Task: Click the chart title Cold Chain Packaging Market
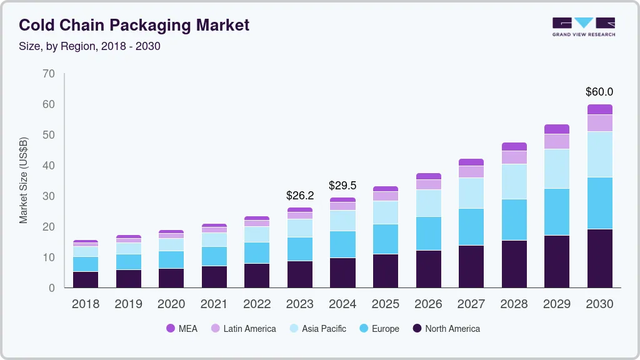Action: [x=134, y=25]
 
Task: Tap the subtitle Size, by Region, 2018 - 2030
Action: [x=90, y=46]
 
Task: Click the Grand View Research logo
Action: [x=583, y=26]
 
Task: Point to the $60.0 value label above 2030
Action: [x=599, y=92]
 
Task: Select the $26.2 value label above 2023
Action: [x=300, y=196]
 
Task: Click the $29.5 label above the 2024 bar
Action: [x=342, y=186]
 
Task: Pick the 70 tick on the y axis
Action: [x=49, y=74]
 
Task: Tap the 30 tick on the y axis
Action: [x=49, y=196]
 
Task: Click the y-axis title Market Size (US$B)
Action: [x=24, y=180]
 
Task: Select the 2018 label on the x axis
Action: [x=85, y=304]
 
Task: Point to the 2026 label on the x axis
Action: [x=428, y=304]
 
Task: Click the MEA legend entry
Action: [x=182, y=329]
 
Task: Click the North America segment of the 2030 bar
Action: [x=599, y=258]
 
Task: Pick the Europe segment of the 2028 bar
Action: [x=514, y=219]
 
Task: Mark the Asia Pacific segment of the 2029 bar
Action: [x=557, y=169]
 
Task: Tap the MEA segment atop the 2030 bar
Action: [x=599, y=109]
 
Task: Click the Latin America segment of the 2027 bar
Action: [x=471, y=171]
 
